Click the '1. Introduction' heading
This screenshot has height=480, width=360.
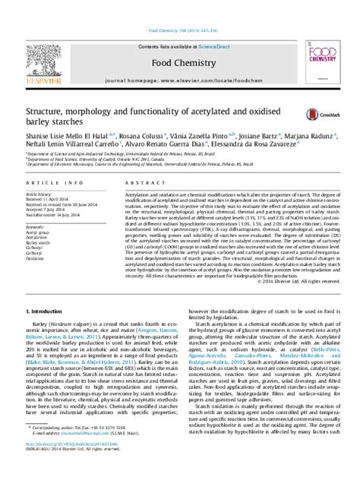[45, 312]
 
